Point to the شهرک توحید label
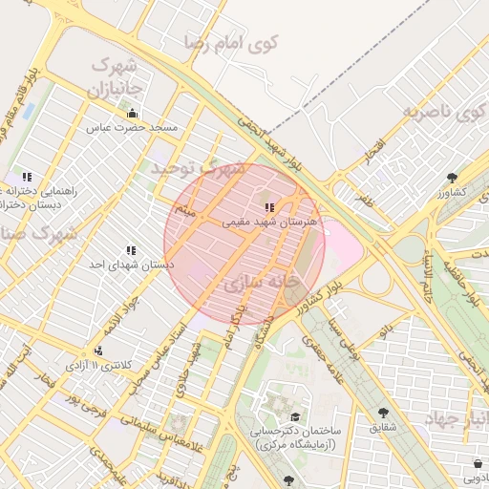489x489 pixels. (197, 169)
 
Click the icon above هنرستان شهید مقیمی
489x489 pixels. (270, 206)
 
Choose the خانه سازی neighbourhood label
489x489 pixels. (257, 284)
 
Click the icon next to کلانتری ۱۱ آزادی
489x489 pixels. (98, 351)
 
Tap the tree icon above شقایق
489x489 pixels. (384, 413)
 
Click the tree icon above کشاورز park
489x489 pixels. (452, 178)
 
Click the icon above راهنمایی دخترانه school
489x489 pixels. (27, 177)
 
